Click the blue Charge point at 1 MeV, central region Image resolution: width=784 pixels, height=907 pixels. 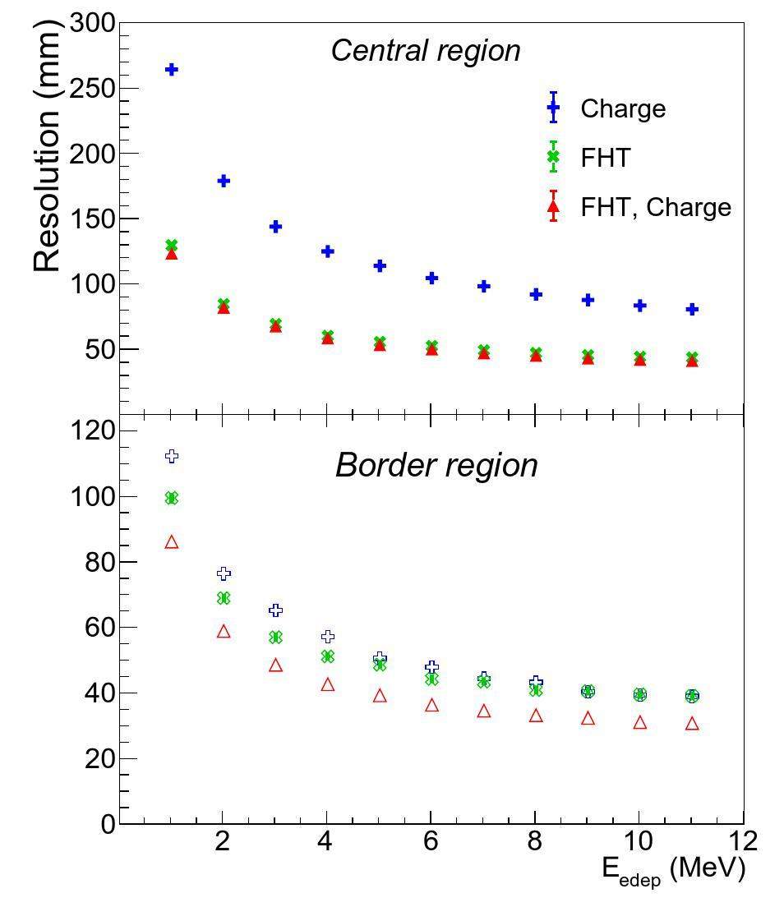171,70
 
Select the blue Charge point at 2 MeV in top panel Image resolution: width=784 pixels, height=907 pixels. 224,181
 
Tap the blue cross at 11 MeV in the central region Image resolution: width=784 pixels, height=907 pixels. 692,309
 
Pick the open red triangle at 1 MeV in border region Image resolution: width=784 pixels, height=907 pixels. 171,542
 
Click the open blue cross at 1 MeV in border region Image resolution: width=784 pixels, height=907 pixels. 171,456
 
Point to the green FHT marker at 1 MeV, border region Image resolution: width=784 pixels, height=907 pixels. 171,498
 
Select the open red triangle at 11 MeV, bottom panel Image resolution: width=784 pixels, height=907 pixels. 692,724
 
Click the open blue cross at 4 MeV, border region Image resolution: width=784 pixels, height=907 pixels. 327,637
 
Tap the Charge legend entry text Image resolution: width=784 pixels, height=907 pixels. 622,108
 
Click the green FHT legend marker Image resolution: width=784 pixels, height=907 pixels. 553,157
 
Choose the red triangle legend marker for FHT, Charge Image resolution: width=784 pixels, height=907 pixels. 553,206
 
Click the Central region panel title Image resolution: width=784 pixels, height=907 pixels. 426,51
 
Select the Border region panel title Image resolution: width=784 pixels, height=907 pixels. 436,466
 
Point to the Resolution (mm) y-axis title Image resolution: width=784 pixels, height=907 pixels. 48,148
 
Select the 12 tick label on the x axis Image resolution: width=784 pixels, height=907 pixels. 742,841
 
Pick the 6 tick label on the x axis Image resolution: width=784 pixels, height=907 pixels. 431,841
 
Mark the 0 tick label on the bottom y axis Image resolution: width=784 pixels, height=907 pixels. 108,823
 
